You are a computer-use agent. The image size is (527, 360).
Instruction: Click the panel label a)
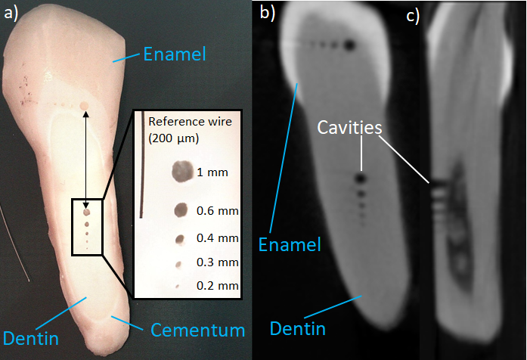point(12,14)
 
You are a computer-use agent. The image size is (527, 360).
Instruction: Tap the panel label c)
point(412,17)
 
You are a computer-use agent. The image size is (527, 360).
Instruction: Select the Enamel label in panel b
point(290,244)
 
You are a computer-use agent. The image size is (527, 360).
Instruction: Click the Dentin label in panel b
point(298,327)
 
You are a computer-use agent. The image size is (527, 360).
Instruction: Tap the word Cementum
point(198,330)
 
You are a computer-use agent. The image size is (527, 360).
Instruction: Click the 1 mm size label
point(212,173)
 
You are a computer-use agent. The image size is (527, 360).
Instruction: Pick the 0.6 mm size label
point(217,210)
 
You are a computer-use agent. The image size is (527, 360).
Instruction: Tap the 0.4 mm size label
point(217,238)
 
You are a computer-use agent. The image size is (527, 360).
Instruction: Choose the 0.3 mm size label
point(217,262)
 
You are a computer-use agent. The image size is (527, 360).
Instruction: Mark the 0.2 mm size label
point(217,286)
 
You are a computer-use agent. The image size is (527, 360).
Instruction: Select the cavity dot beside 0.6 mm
point(181,210)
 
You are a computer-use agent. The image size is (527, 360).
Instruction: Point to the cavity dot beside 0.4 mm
point(180,239)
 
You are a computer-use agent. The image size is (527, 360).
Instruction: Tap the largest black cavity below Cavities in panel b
point(361,179)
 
